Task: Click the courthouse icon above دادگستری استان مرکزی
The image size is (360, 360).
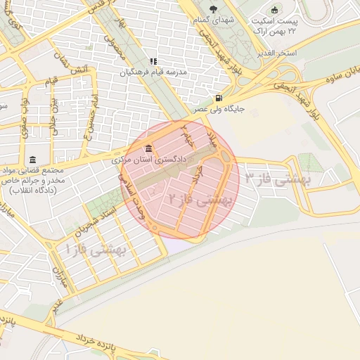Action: tap(148, 149)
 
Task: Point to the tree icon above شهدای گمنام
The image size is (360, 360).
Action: tap(213, 9)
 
